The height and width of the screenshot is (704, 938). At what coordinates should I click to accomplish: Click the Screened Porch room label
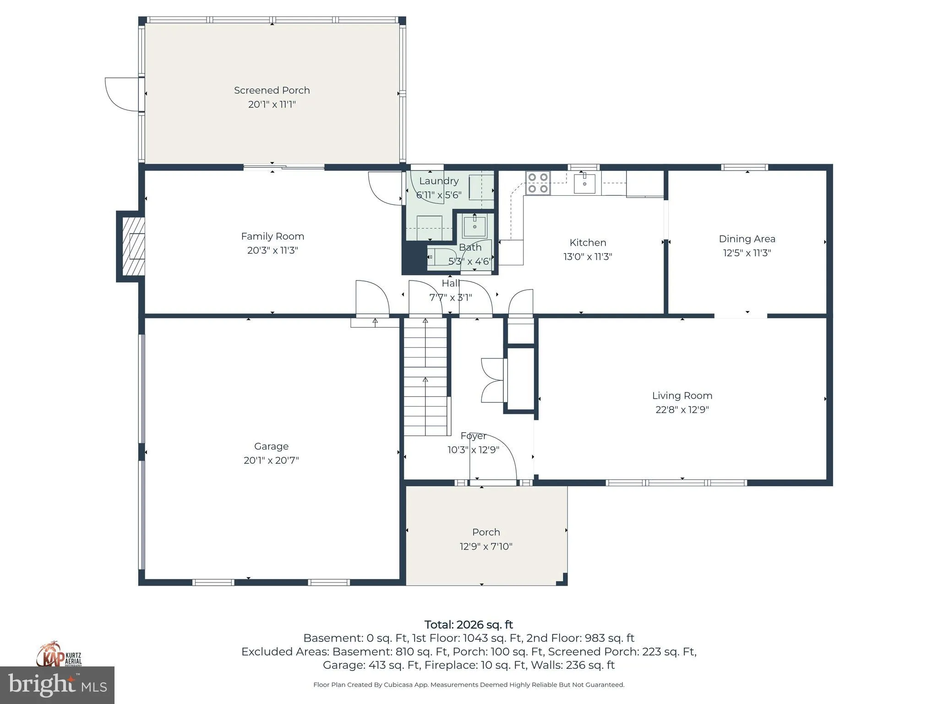[x=272, y=90]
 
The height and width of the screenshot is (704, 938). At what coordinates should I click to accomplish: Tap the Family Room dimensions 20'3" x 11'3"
[x=273, y=250]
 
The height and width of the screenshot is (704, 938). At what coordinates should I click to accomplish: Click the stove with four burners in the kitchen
[x=538, y=182]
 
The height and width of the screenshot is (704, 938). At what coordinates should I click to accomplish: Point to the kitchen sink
[x=584, y=183]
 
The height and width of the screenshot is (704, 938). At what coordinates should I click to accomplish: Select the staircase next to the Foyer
[x=425, y=377]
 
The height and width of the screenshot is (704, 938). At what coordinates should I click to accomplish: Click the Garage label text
[x=271, y=446]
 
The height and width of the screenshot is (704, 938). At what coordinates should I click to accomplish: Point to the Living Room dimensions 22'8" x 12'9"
[x=682, y=409]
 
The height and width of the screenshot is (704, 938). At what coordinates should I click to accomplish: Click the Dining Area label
[x=747, y=239]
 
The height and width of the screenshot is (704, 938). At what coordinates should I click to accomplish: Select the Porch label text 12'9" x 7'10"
[x=486, y=546]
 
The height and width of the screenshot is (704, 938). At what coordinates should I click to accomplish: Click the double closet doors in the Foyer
[x=492, y=380]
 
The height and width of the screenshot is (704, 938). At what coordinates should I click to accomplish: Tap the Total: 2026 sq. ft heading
[x=469, y=625]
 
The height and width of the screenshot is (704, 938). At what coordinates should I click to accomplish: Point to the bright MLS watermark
[x=57, y=685]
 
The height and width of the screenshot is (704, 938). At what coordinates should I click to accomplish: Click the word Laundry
[x=438, y=181]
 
